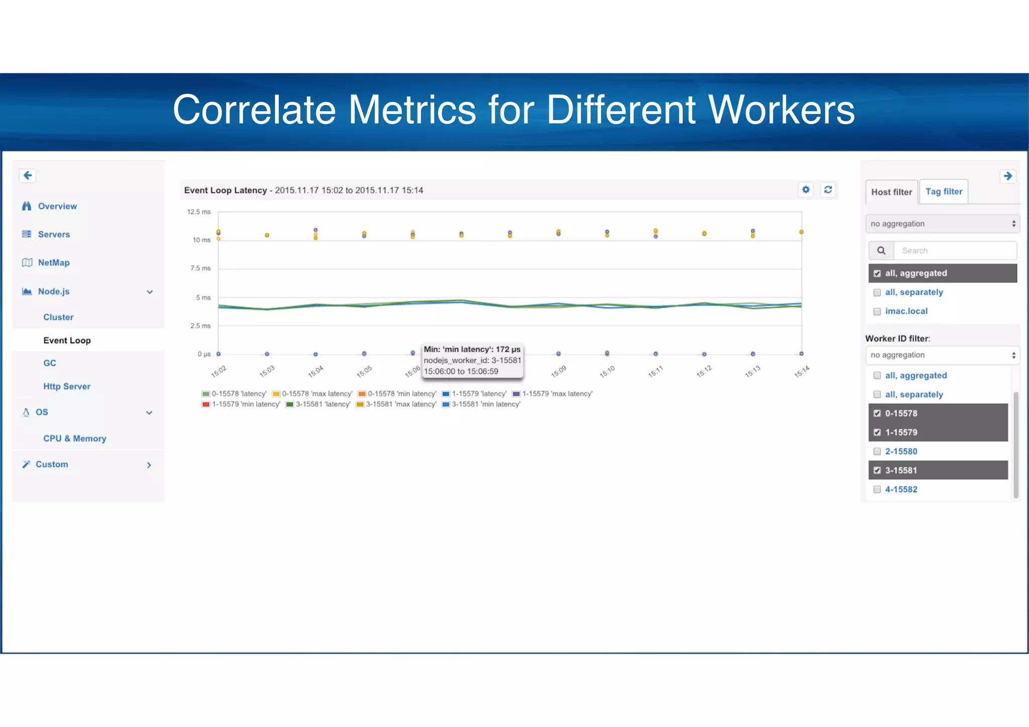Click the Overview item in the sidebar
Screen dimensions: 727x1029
[x=57, y=206]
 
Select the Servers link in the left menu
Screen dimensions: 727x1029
[x=53, y=234]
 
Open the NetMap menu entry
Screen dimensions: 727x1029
[x=53, y=262]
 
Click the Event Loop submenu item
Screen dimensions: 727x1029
[x=67, y=340]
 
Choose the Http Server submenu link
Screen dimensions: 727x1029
[x=66, y=386]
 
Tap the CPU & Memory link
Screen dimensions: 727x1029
[x=74, y=438]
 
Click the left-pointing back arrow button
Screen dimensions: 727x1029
[x=28, y=175]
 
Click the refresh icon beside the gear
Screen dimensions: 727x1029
[x=828, y=189]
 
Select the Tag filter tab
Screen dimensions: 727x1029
[x=944, y=191]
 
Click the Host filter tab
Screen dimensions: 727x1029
[x=891, y=192]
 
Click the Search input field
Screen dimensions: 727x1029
[x=955, y=250]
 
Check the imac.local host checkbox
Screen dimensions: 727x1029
[x=877, y=311]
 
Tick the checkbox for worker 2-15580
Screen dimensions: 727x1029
[x=877, y=451]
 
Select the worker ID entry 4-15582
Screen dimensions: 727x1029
[x=901, y=489]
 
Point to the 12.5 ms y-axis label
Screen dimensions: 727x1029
[x=199, y=212]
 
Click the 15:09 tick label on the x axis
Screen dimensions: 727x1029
[x=558, y=371]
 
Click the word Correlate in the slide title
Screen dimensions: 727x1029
[x=254, y=110]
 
